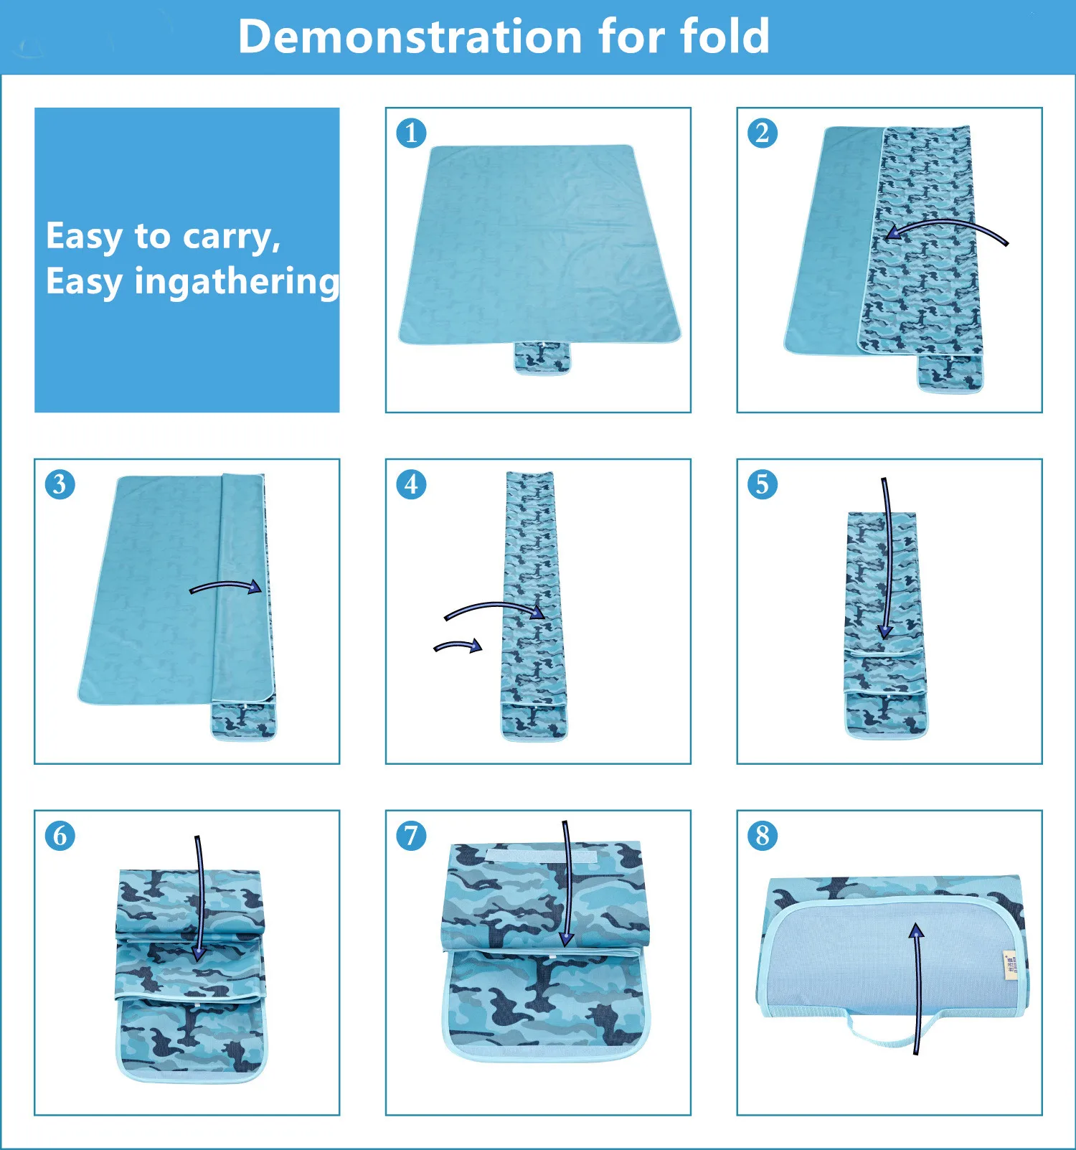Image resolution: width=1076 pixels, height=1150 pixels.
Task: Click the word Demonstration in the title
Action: point(410,37)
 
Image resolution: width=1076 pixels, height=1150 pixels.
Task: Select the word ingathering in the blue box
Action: point(237,282)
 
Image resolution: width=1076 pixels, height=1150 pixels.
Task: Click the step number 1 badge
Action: point(411,133)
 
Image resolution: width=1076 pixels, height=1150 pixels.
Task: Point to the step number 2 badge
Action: point(763,133)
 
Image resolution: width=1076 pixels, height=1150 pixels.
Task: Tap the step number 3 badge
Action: point(60,484)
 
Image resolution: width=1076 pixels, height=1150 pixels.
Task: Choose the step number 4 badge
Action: point(411,484)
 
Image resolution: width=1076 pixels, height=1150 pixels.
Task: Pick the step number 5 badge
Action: point(763,484)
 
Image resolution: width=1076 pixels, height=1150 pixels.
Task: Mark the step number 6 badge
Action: point(60,836)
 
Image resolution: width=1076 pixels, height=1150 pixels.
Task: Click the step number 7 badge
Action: point(411,836)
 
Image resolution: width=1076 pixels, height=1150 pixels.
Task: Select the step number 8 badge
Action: point(763,836)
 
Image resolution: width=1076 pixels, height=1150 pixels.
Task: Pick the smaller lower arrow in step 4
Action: point(458,646)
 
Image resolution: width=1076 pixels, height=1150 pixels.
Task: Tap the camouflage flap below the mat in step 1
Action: point(542,357)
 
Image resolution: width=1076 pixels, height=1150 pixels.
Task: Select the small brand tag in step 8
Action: point(1010,965)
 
